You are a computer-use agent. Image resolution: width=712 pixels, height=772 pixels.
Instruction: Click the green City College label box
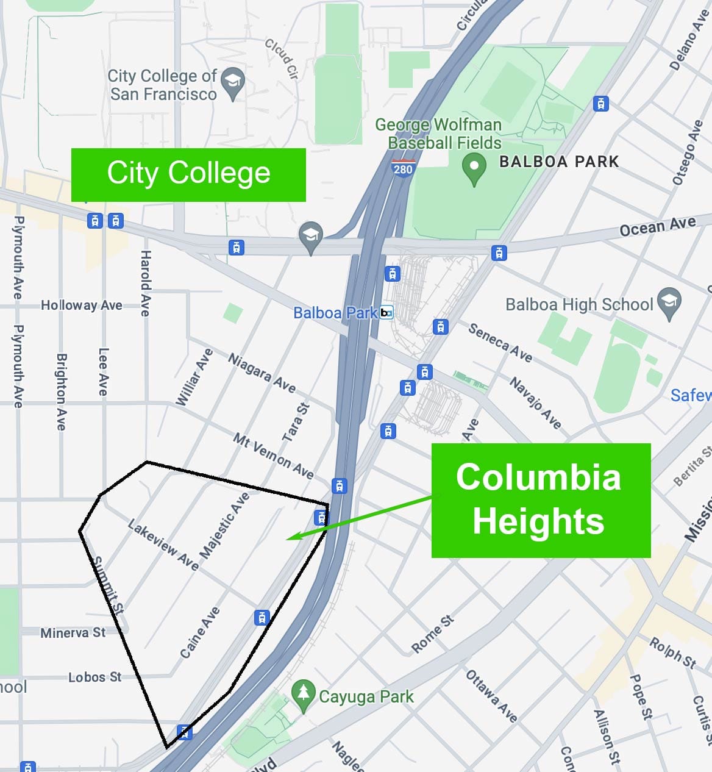[188, 174]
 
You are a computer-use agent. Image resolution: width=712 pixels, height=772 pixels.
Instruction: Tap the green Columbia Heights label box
[541, 500]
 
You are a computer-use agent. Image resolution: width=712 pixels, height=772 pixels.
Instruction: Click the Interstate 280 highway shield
[403, 167]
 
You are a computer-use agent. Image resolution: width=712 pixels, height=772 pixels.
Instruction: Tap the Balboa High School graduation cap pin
[669, 302]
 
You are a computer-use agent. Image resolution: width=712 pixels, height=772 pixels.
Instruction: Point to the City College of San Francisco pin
[232, 83]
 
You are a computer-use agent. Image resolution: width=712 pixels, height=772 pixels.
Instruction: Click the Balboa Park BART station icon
[386, 313]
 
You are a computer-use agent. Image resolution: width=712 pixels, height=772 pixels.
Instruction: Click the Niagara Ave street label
[262, 373]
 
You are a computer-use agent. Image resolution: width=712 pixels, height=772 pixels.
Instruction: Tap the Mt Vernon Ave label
[273, 456]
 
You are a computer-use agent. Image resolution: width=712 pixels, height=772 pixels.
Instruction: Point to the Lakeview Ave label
[163, 545]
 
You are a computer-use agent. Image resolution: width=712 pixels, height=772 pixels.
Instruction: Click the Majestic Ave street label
[224, 525]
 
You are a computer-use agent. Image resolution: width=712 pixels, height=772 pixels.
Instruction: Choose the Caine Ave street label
[199, 632]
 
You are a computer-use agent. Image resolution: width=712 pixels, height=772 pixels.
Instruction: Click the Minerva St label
[73, 633]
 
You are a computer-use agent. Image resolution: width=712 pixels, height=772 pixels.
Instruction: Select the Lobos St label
[94, 677]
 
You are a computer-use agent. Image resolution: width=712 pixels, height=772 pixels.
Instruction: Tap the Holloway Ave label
[82, 305]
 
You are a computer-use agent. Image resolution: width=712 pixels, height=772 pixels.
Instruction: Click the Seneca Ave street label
[500, 341]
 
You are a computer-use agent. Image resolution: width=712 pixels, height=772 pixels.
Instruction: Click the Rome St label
[432, 634]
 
